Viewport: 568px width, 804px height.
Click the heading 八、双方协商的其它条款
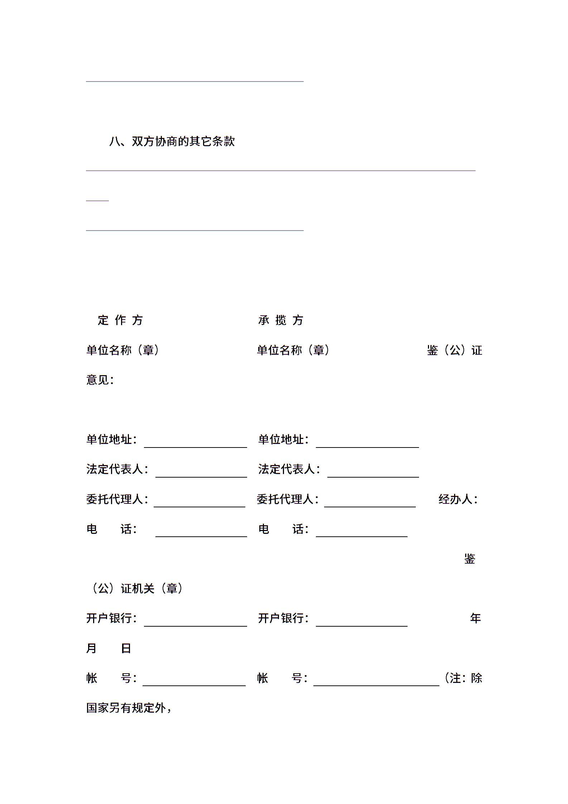click(x=172, y=142)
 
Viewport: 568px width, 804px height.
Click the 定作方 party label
click(x=120, y=320)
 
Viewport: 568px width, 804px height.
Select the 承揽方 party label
click(x=281, y=320)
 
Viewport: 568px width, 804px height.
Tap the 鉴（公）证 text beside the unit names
click(x=454, y=350)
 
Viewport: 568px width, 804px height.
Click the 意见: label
click(x=100, y=380)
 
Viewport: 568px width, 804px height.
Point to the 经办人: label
click(x=458, y=499)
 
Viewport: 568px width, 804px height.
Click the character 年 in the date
click(x=475, y=618)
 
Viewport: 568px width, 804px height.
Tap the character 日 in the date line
click(x=126, y=648)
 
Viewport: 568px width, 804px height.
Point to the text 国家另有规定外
click(x=126, y=708)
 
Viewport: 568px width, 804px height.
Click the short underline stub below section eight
click(x=97, y=201)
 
